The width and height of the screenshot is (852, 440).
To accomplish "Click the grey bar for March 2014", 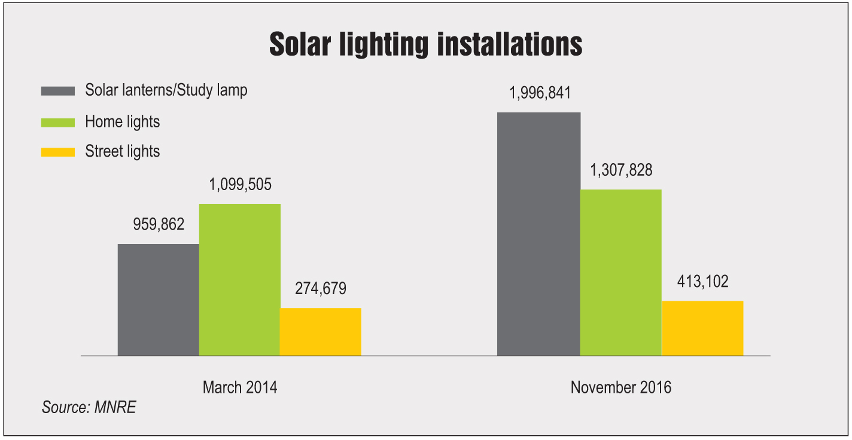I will coord(158,300).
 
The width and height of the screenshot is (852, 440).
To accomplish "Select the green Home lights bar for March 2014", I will coord(239,280).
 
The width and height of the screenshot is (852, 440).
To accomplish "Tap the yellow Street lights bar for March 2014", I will coord(320,332).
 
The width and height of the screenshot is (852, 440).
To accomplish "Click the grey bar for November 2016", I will coord(538,234).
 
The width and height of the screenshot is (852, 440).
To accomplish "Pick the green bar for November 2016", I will coord(620,273).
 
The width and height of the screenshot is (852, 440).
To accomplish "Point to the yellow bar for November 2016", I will coord(702,328).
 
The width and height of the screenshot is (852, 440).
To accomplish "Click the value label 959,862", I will coord(158,225).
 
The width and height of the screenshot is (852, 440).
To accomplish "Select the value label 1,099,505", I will coord(239,185).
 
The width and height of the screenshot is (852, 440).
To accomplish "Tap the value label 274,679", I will coord(321,289).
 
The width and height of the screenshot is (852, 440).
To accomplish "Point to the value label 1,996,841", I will coord(539,93).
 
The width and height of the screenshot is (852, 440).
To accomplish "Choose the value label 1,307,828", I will coord(620,170).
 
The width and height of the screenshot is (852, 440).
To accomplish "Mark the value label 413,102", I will coord(702,282).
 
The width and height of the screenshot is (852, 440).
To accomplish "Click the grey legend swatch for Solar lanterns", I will coord(57,91).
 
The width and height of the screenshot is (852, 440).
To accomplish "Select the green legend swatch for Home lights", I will coord(57,122).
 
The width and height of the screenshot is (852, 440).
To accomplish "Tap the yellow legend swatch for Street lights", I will coord(57,152).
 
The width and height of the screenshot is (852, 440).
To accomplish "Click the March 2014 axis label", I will coord(240,387).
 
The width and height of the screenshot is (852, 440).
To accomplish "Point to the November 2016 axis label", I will coord(620,387).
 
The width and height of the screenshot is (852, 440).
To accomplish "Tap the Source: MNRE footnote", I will coord(89,408).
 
